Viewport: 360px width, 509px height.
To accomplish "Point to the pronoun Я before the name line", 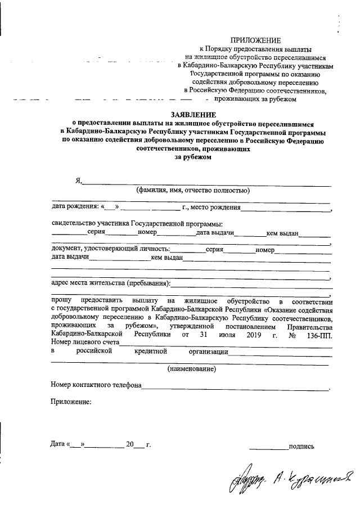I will [79, 181].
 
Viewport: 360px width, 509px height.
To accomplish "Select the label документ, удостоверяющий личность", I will [110, 250].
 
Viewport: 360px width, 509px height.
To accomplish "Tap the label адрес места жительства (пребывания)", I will [110, 282].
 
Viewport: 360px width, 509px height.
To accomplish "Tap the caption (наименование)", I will [192, 369].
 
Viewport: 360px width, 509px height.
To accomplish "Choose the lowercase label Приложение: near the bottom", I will [71, 403].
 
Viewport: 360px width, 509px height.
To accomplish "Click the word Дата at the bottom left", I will [57, 444].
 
